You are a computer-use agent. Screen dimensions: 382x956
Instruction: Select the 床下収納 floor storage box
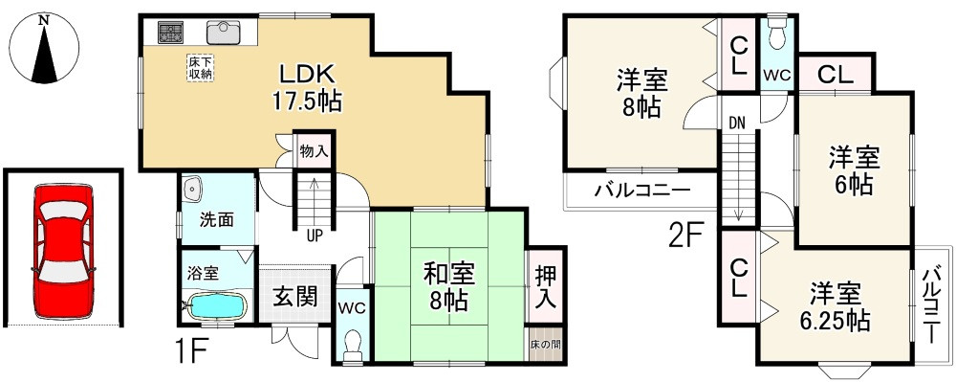[x=200, y=68]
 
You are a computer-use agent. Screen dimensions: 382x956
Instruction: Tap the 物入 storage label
[x=314, y=151]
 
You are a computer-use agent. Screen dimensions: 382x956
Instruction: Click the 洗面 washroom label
[x=216, y=218]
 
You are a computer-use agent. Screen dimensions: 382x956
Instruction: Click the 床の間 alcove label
[x=546, y=343]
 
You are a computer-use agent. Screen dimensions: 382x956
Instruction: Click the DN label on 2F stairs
[x=736, y=122]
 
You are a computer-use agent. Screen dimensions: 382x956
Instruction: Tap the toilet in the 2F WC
[x=776, y=33]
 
